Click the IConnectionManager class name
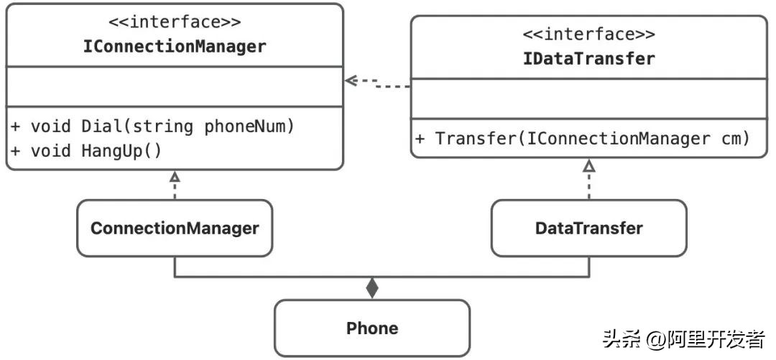(174, 47)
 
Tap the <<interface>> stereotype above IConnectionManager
(174, 22)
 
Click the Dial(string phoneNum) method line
(152, 126)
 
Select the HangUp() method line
(86, 150)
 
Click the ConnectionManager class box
(175, 229)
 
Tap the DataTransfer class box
(588, 229)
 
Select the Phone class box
(372, 328)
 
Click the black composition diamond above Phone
(371, 289)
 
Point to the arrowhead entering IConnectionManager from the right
(351, 80)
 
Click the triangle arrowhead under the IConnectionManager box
(175, 177)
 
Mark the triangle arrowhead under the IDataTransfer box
(589, 166)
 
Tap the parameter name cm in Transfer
(735, 138)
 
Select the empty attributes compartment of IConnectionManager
(174, 86)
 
